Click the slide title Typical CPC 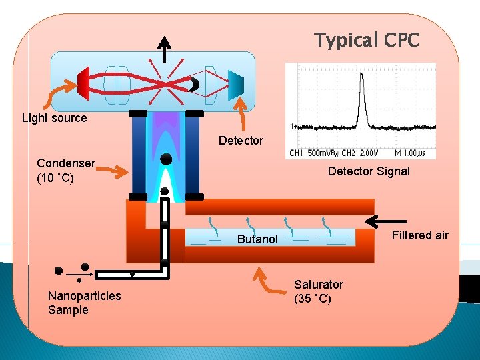pos(367,41)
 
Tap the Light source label pos(54,118)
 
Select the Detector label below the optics pos(241,141)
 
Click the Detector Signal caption pos(369,171)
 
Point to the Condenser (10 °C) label pos(66,170)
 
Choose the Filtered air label pos(420,235)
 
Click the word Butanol pos(257,239)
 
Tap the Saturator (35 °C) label pos(319,291)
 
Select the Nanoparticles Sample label pos(84,302)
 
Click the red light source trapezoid pos(84,81)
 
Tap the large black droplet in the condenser pos(166,159)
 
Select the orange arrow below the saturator pos(267,280)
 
